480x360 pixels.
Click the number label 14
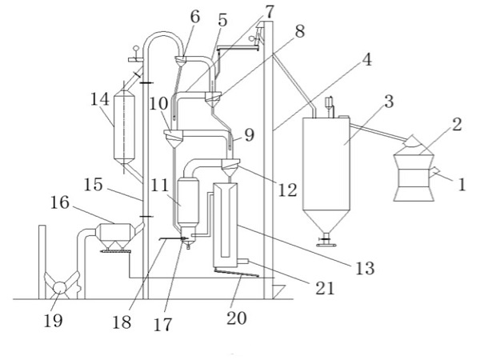99,100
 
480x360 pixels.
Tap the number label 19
54,320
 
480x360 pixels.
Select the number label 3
387,102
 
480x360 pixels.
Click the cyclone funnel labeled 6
182,60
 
